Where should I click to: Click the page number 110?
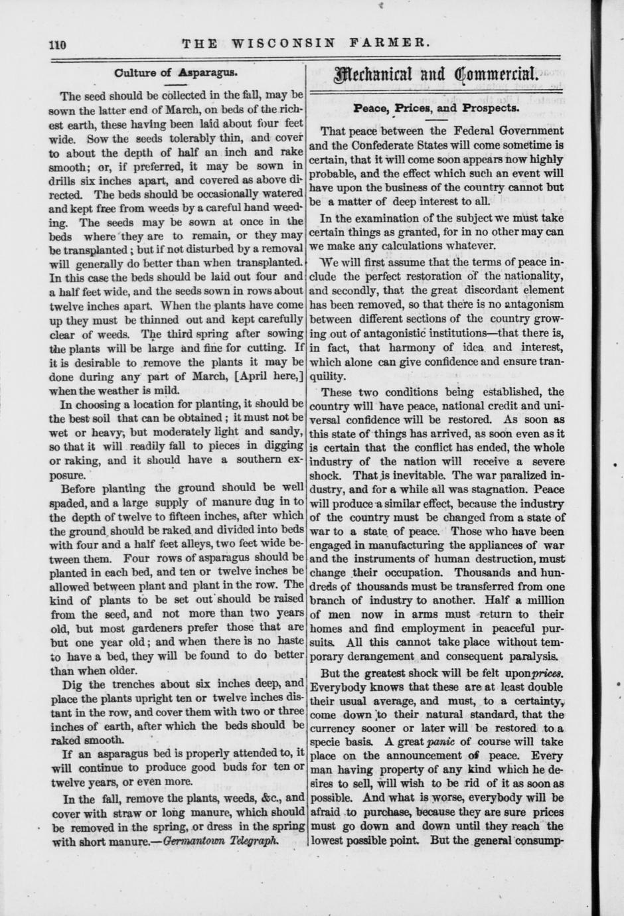pos(58,45)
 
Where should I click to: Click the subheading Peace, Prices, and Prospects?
pos(436,106)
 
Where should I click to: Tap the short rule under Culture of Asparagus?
pos(175,84)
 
